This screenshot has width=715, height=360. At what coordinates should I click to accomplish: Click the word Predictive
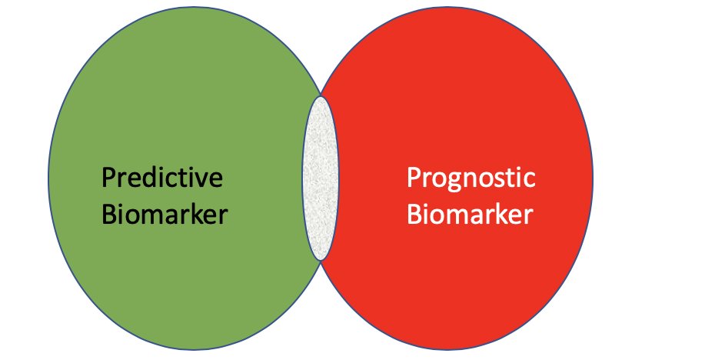(x=162, y=178)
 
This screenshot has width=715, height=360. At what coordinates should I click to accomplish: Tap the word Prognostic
(x=471, y=179)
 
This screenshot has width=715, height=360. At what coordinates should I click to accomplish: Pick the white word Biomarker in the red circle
(x=469, y=214)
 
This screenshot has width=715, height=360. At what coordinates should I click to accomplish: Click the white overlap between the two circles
(x=320, y=177)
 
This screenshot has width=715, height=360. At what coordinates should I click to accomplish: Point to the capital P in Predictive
(x=108, y=178)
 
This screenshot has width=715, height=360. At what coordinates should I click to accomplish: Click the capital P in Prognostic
(x=413, y=178)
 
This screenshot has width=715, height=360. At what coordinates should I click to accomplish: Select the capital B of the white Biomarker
(x=414, y=214)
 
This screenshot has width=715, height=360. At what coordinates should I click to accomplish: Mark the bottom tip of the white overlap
(x=320, y=260)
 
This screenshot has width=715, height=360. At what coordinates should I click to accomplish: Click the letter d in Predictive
(x=147, y=178)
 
